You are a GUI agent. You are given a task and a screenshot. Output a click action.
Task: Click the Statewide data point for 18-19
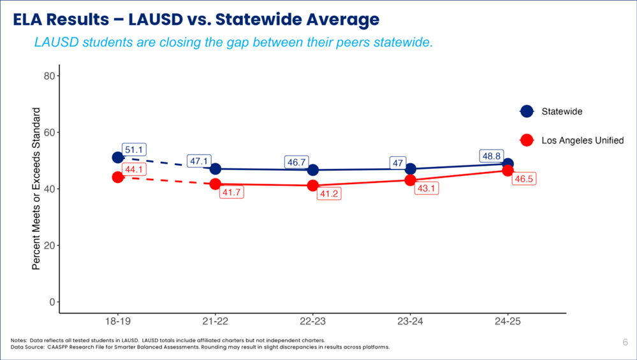(x=117, y=157)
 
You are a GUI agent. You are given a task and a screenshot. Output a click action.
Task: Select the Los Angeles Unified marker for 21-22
(x=215, y=184)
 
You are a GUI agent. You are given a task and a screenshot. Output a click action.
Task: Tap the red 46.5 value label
(x=524, y=179)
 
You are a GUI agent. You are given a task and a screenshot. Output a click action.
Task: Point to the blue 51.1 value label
(x=135, y=150)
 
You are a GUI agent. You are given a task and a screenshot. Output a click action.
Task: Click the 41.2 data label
(x=329, y=194)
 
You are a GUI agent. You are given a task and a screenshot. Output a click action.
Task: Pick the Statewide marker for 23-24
(x=410, y=169)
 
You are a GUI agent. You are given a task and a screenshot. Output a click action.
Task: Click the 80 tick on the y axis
(x=47, y=76)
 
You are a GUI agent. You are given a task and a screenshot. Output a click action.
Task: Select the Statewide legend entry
(x=562, y=112)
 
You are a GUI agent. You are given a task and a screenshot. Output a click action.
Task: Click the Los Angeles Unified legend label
(x=582, y=140)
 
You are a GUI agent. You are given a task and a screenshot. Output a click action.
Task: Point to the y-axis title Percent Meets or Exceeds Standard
(x=36, y=189)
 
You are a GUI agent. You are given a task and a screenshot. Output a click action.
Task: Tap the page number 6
(x=625, y=343)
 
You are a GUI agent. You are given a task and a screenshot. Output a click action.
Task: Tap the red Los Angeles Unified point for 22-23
(x=312, y=185)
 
